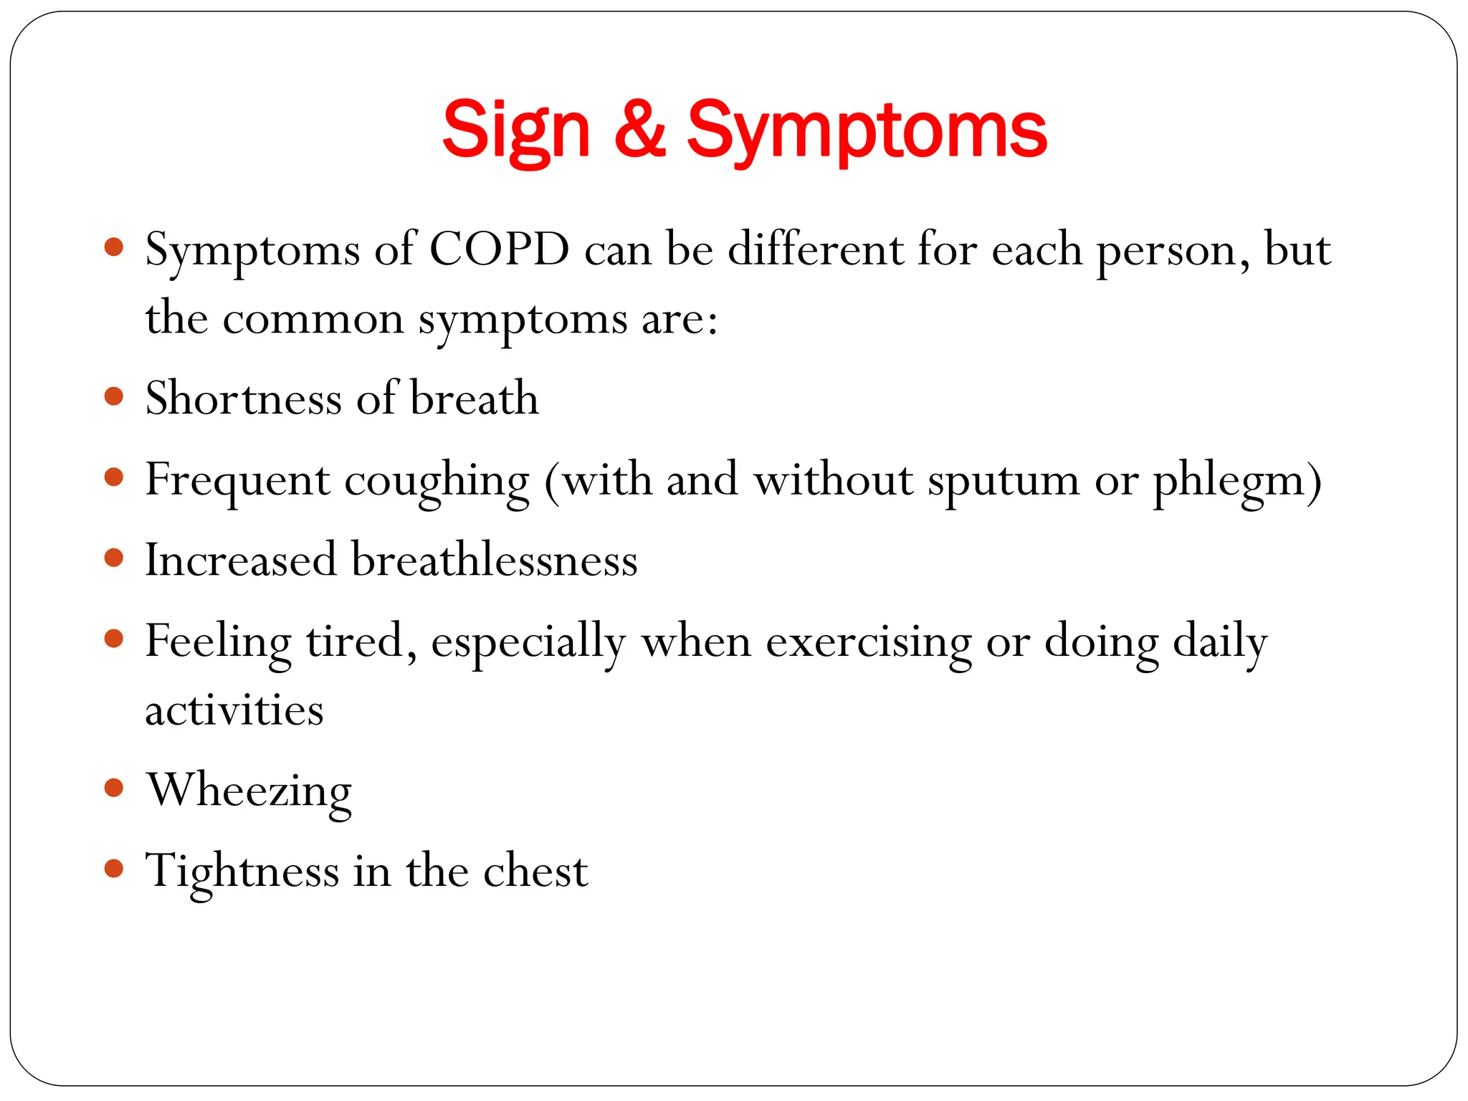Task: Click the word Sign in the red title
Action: [515, 131]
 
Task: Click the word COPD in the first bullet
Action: [499, 250]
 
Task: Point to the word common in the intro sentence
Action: [313, 320]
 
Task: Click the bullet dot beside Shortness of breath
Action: [114, 396]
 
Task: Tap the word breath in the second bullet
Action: [474, 398]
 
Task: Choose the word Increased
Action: [241, 560]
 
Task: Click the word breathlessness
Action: [494, 560]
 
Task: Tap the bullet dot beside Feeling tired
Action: [114, 638]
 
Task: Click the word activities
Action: [234, 710]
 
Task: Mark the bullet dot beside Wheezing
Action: [114, 788]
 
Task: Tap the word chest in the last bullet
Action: [535, 872]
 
